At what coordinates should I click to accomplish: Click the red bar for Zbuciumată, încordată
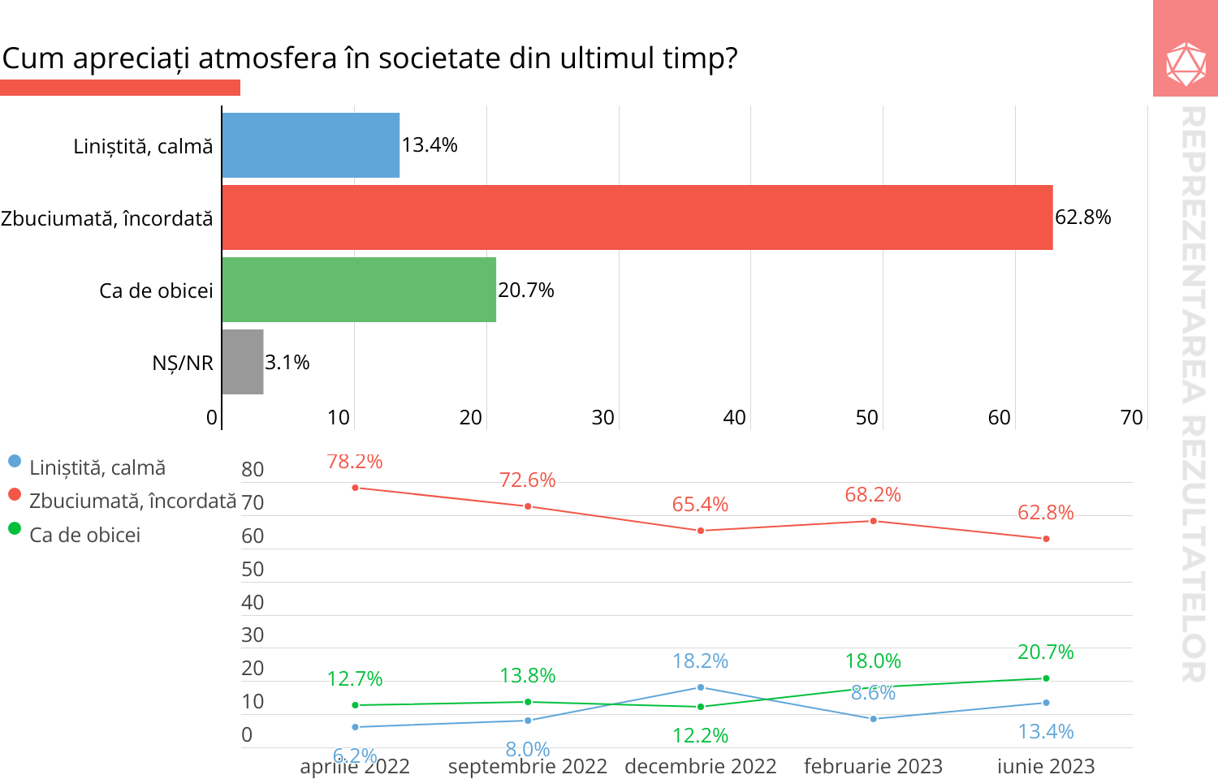point(637,217)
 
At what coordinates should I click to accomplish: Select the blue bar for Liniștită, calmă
point(310,145)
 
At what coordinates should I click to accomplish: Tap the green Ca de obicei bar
point(358,290)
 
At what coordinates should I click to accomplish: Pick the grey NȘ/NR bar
point(243,362)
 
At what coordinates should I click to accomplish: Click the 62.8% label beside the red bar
point(1082,217)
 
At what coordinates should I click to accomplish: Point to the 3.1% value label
point(287,363)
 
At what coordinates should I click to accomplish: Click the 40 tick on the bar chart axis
point(734,418)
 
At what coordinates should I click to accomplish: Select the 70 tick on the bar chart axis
point(1131,418)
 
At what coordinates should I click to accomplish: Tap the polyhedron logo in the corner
point(1186,64)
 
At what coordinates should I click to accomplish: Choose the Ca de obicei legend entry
point(84,536)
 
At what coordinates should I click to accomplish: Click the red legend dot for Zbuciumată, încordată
point(14,494)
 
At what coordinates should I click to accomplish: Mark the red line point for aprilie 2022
point(356,488)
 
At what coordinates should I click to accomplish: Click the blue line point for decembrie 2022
point(701,687)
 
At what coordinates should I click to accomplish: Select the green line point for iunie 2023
point(1046,678)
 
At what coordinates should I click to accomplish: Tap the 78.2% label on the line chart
point(355,462)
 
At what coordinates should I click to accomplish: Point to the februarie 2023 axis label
point(873,766)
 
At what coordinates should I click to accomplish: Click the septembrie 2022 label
point(528,766)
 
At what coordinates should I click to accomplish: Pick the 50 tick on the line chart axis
point(253,570)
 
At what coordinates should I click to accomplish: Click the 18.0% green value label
point(873,661)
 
